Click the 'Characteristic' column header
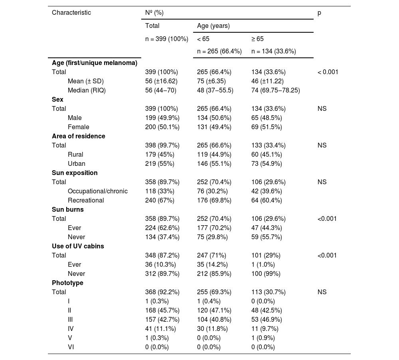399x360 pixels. click(71, 12)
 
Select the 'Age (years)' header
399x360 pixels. click(213, 26)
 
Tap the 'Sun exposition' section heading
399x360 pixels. click(75, 173)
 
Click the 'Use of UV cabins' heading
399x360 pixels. click(78, 246)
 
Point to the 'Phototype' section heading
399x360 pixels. click(67, 283)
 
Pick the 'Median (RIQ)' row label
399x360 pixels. click(87, 90)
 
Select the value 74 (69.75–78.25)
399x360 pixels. click(275, 90)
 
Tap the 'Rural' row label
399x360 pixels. click(75, 154)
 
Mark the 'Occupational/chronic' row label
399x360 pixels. click(98, 191)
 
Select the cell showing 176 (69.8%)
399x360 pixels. click(214, 200)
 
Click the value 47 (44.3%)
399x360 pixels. click(267, 228)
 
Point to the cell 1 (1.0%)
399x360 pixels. click(263, 264)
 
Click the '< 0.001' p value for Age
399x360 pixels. click(328, 72)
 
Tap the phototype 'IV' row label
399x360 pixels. click(71, 329)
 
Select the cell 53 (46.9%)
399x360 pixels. click(267, 319)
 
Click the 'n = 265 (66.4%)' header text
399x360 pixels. click(219, 51)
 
